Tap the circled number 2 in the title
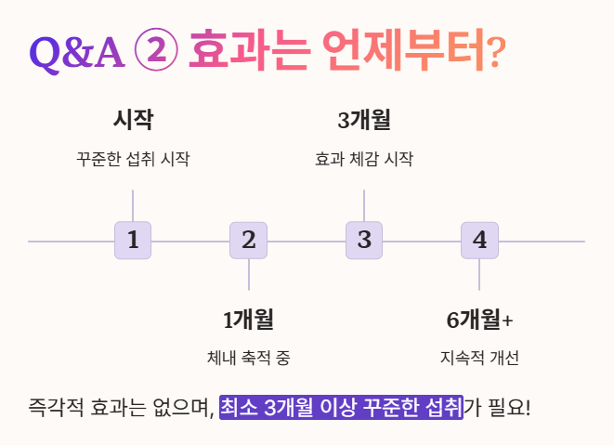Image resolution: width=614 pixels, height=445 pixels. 156,50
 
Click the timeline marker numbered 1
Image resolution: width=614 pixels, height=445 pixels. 133,241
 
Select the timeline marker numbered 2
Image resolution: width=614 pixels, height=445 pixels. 248,241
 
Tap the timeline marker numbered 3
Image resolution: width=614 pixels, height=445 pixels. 364,241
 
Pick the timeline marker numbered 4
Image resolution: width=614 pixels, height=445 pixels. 479,241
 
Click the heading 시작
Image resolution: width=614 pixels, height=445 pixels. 133,120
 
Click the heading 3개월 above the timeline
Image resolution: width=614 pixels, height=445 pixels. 364,120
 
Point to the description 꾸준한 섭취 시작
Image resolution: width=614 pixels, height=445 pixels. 133,159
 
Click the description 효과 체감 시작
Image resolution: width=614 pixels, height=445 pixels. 364,159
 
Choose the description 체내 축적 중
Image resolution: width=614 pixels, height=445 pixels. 248,358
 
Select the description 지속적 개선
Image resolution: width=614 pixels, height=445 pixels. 479,358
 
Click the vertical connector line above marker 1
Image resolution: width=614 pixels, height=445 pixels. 133,205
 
